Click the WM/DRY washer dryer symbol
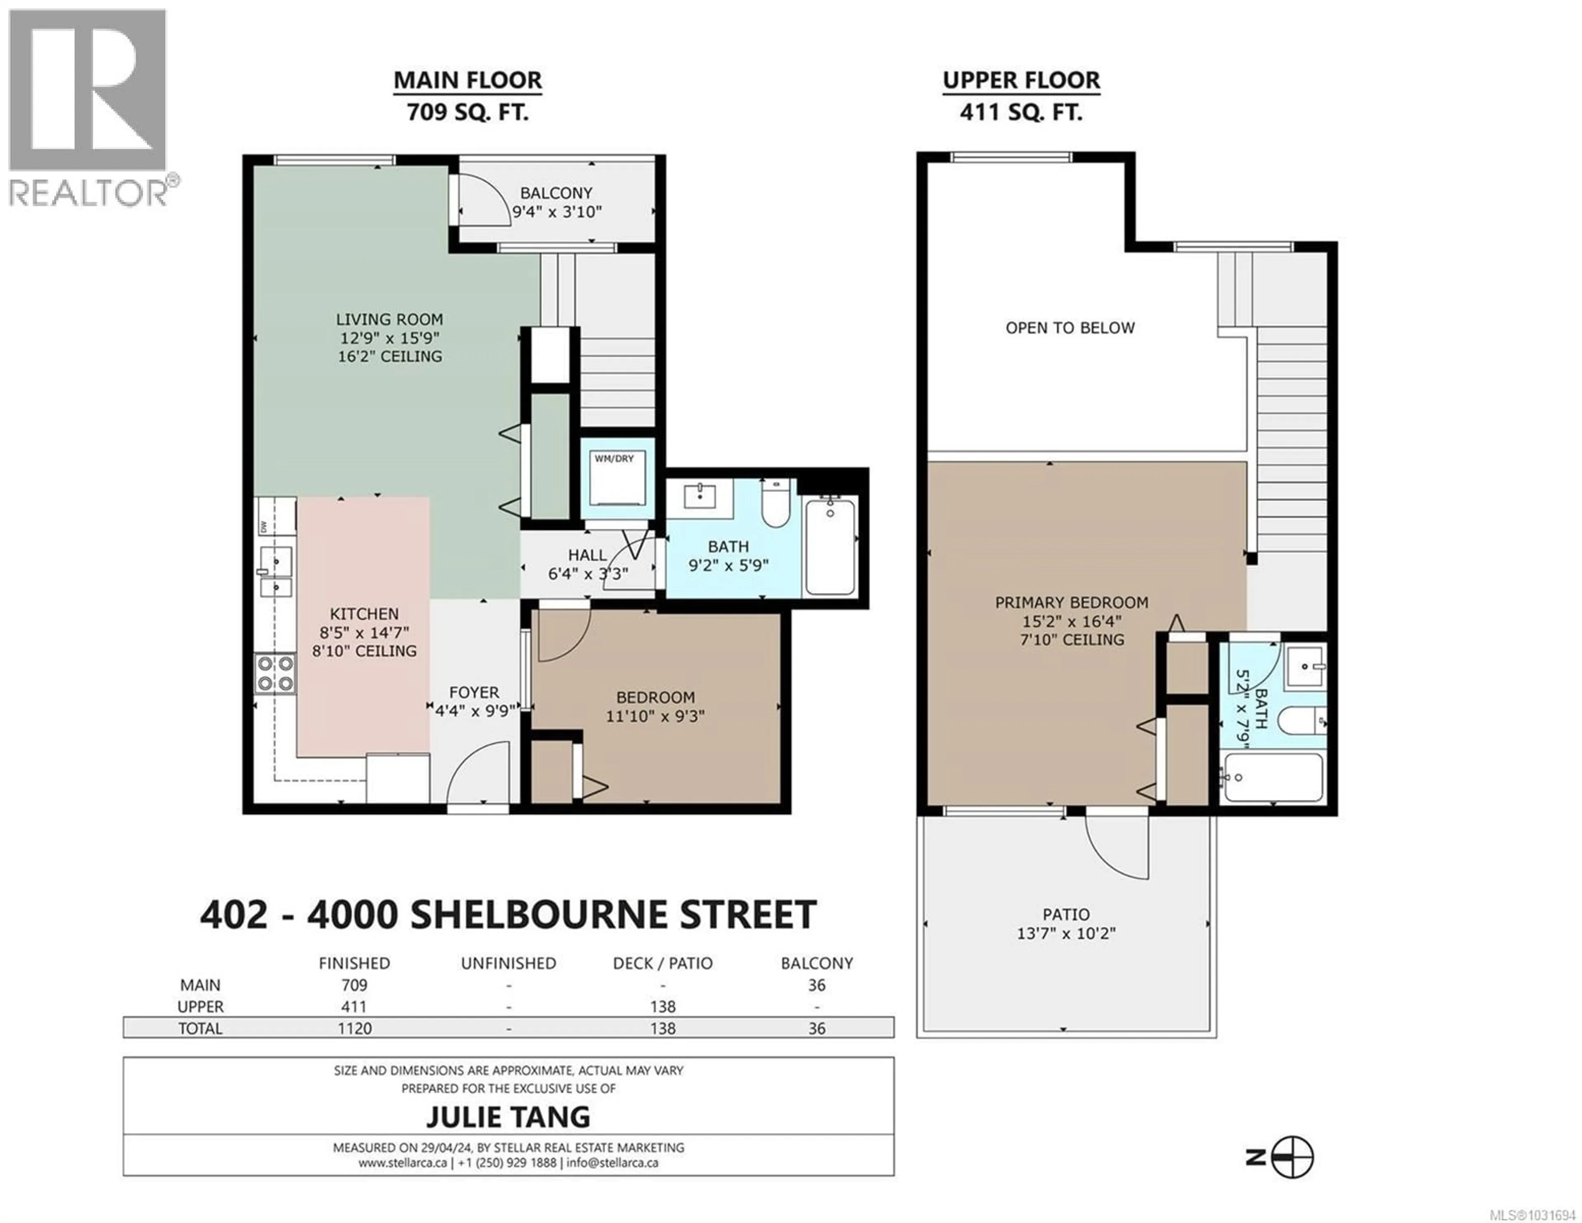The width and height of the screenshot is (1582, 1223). pos(617,480)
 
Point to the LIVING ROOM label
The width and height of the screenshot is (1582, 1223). pos(390,319)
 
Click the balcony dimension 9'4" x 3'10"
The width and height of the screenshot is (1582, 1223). pos(557,212)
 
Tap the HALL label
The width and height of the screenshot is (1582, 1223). pos(587,555)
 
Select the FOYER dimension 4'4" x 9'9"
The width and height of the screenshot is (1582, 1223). pos(475,711)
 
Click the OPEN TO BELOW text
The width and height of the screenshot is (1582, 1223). pos(1070,328)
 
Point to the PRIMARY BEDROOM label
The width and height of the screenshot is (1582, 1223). pos(1071,603)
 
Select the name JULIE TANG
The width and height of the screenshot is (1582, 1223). pos(508,1117)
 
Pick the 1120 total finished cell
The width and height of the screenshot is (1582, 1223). pos(354,1028)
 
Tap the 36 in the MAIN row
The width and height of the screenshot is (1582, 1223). pos(817,985)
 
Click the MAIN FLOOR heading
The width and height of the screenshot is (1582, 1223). pos(467,80)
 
